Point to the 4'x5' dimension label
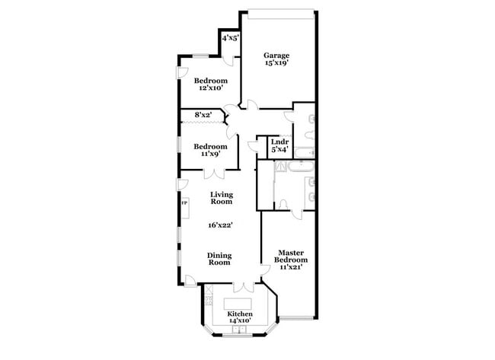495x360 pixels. point(230,37)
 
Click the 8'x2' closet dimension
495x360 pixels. point(203,115)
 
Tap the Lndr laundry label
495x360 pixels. point(279,141)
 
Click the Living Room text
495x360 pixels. point(221,199)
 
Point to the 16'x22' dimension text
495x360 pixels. point(221,225)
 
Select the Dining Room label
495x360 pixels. point(221,260)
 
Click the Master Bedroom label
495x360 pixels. point(292,256)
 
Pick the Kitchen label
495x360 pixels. point(241,314)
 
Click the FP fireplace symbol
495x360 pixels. point(184,204)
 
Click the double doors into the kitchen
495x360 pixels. point(242,287)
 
